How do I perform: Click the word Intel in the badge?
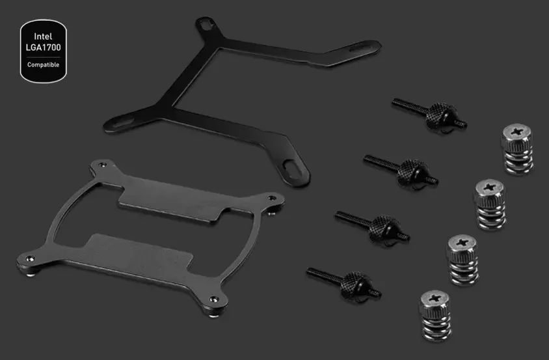pos(43,36)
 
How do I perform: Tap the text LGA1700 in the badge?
pos(44,48)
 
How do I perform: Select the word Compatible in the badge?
pos(43,64)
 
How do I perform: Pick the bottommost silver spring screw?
pos(435,316)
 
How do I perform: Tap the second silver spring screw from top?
pos(490,204)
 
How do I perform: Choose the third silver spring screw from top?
pos(463,260)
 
